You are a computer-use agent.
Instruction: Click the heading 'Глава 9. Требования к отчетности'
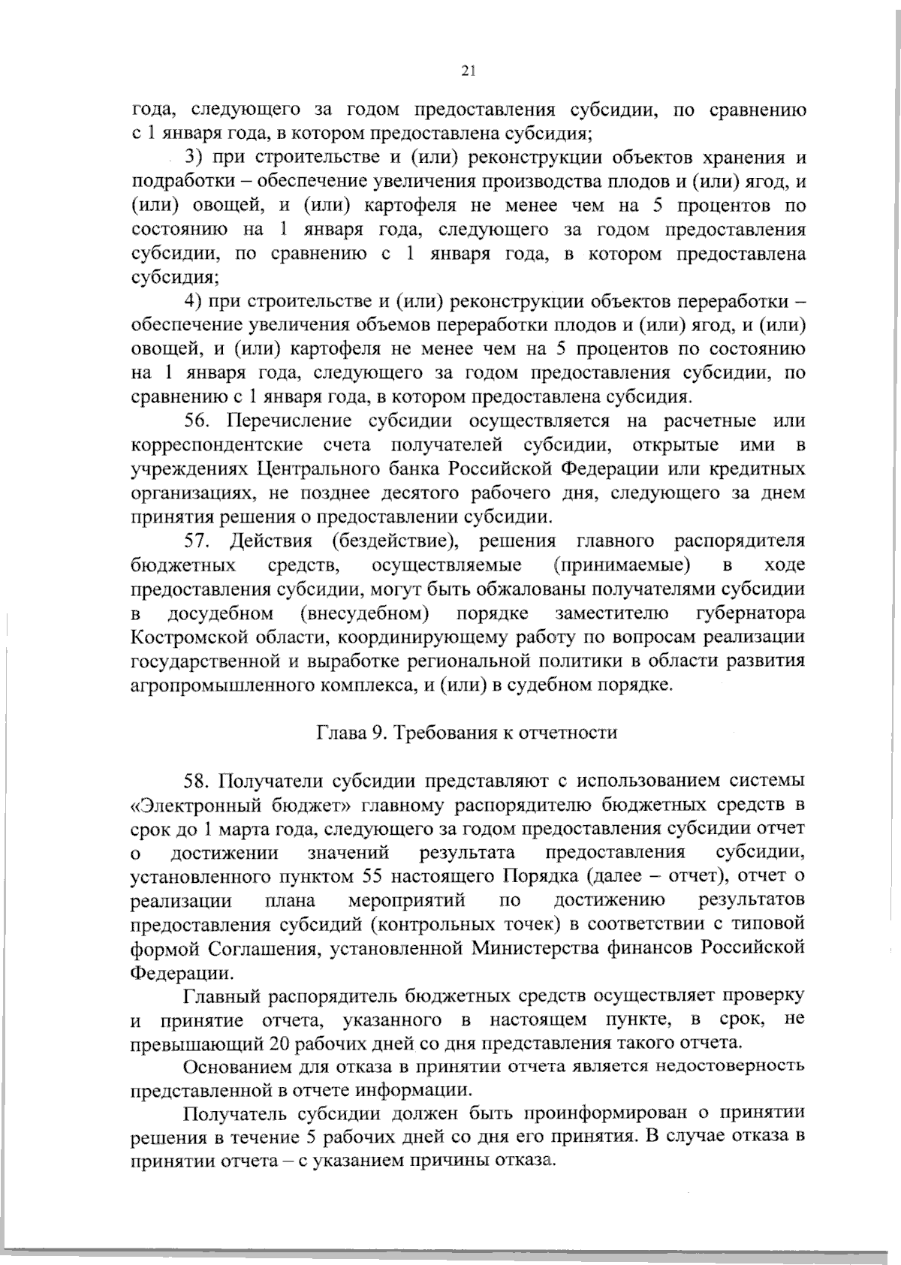[466, 733]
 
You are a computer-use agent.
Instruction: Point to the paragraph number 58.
[198, 782]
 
